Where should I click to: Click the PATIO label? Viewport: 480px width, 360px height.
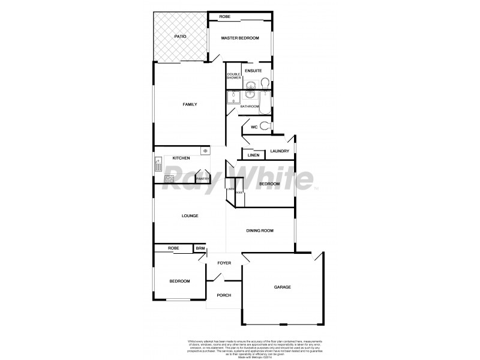pyautogui.click(x=180, y=37)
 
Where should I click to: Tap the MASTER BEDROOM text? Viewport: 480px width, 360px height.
pyautogui.click(x=239, y=38)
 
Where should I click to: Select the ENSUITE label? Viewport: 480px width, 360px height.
pyautogui.click(x=253, y=70)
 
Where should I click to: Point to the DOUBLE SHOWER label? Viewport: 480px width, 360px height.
pyautogui.click(x=233, y=76)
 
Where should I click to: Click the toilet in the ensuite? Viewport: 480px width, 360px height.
pyautogui.click(x=265, y=84)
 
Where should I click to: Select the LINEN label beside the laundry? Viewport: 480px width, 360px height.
pyautogui.click(x=253, y=155)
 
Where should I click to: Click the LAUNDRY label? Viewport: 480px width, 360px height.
pyautogui.click(x=280, y=151)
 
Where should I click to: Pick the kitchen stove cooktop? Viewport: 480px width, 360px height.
pyautogui.click(x=169, y=178)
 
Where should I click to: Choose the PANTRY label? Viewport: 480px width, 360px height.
pyautogui.click(x=202, y=178)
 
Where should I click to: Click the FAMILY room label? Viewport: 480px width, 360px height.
pyautogui.click(x=190, y=104)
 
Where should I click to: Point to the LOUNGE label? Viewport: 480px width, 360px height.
pyautogui.click(x=190, y=215)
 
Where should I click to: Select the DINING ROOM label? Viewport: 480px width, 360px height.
pyautogui.click(x=260, y=230)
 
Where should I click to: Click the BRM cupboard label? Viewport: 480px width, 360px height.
pyautogui.click(x=200, y=248)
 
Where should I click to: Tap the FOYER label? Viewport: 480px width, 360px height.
pyautogui.click(x=224, y=263)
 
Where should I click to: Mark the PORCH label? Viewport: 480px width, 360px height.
pyautogui.click(x=224, y=295)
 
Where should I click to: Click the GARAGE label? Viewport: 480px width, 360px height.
pyautogui.click(x=282, y=287)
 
